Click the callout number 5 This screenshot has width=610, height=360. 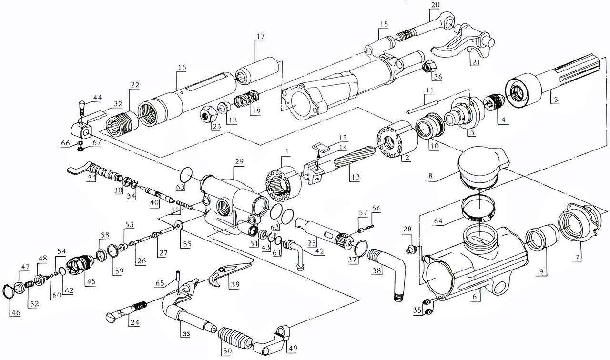(x=556, y=100)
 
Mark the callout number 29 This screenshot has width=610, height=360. (x=239, y=162)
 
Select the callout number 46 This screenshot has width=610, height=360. (x=15, y=313)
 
